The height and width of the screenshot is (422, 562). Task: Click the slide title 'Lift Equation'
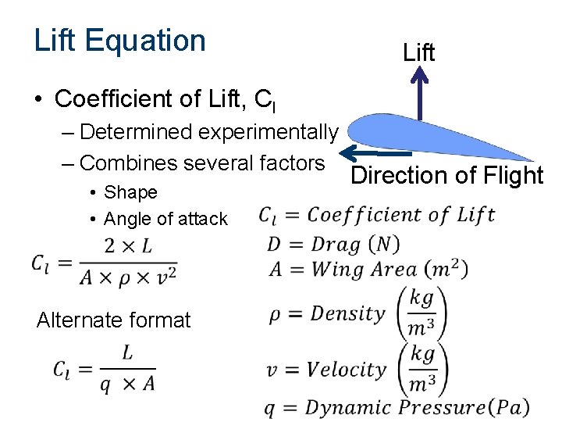119,41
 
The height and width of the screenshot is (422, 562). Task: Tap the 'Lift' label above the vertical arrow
419,52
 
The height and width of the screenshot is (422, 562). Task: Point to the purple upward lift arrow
420,93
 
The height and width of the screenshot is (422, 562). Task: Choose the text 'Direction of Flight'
446,175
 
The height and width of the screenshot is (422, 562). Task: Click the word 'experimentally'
269,131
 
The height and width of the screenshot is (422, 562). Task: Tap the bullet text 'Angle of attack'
165,219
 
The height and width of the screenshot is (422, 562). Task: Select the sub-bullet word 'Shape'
130,192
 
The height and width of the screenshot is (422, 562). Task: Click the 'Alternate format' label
113,320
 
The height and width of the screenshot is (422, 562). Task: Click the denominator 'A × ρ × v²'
127,275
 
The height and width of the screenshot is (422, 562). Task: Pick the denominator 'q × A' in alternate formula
126,383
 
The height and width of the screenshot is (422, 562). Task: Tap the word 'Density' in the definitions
348,313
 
